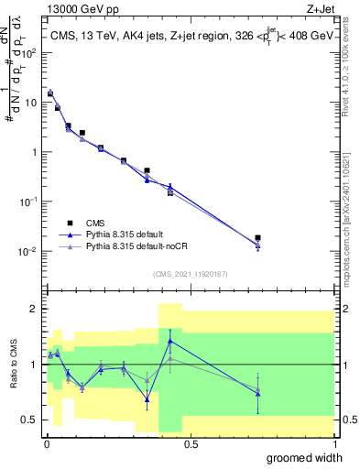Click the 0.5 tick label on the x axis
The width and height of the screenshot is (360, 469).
191,443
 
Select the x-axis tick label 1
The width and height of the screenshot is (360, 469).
334,443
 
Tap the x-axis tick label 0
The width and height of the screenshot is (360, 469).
47,443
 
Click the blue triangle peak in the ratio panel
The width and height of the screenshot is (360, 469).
170,341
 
